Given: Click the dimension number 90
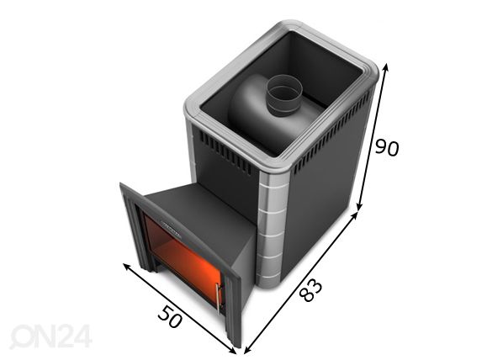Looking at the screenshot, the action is pos(387,148).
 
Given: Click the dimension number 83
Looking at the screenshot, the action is pos(310,290).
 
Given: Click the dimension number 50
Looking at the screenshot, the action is pos(171,317).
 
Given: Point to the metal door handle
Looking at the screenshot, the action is pos(218,299).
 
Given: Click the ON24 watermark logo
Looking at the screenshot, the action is pos(50,336).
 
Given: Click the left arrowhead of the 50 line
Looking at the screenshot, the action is pos(127,267).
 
